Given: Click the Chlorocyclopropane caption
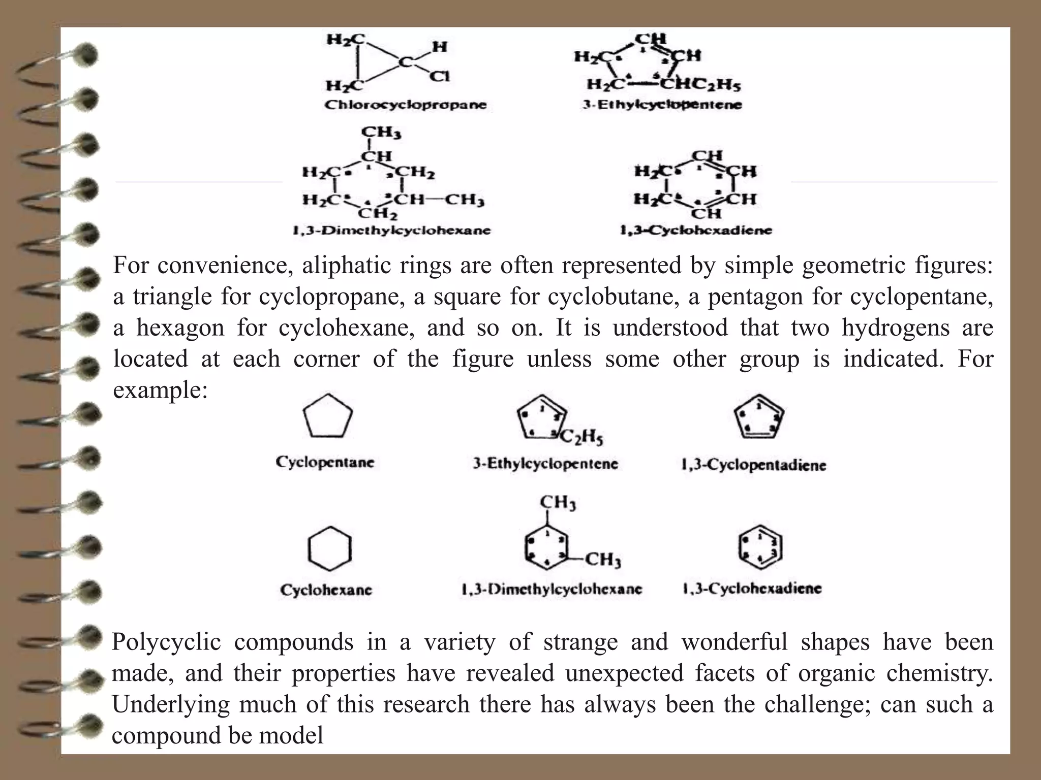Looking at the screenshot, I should pos(405,105).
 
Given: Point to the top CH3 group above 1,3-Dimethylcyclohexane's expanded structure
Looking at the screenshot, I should pos(381,133).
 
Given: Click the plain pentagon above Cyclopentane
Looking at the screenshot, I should pos(328,416).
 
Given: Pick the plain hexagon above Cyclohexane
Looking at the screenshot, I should pos(329,549).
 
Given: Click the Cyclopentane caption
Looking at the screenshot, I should pos(325,462).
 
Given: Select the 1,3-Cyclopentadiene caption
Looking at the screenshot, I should pos(753,465).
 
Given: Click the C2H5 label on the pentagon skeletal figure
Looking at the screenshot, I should pos(581,436).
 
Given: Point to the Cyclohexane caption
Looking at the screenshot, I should pos(326,590).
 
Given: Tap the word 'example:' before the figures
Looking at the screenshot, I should pos(160,390).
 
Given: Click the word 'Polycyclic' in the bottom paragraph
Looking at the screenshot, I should pos(166,641).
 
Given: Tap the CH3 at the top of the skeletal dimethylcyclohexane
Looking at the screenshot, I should pos(557,503).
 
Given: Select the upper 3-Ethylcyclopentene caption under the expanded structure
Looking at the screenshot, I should pos(662,105).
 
